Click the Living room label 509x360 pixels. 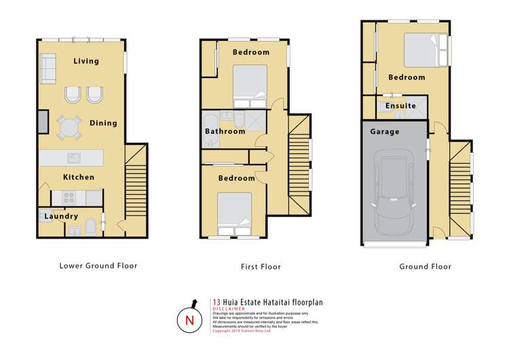click(x=86, y=61)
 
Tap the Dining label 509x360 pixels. click(x=103, y=123)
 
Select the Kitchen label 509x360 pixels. click(x=79, y=177)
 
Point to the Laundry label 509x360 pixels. click(x=58, y=217)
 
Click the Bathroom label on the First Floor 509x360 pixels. click(x=225, y=131)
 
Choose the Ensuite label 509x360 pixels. click(x=400, y=106)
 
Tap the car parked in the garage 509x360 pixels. click(x=394, y=196)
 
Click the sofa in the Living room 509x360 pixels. click(x=48, y=68)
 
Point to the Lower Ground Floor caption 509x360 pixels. click(x=98, y=266)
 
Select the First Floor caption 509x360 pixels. click(x=261, y=267)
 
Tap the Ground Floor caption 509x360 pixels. click(x=426, y=267)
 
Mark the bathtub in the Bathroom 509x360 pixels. click(x=210, y=138)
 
